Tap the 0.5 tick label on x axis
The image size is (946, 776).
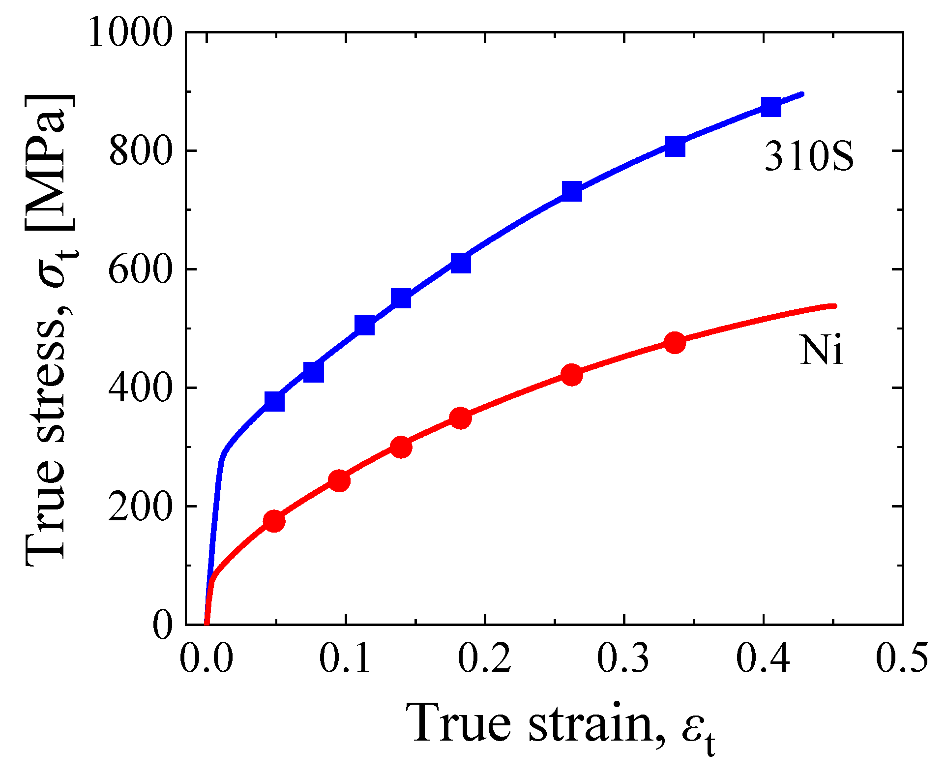coord(902,658)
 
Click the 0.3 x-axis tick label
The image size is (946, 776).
coord(623,658)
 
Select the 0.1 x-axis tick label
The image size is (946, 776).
coord(345,658)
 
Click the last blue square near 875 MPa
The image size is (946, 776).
coord(771,106)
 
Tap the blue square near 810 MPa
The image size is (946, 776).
coord(676,146)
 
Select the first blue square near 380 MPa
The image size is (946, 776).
coord(274,401)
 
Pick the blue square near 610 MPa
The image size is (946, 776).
coord(461,263)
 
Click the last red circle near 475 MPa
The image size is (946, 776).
coord(675,343)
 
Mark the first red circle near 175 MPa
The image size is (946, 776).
coord(274,521)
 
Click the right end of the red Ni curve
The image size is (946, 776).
coord(834,306)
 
